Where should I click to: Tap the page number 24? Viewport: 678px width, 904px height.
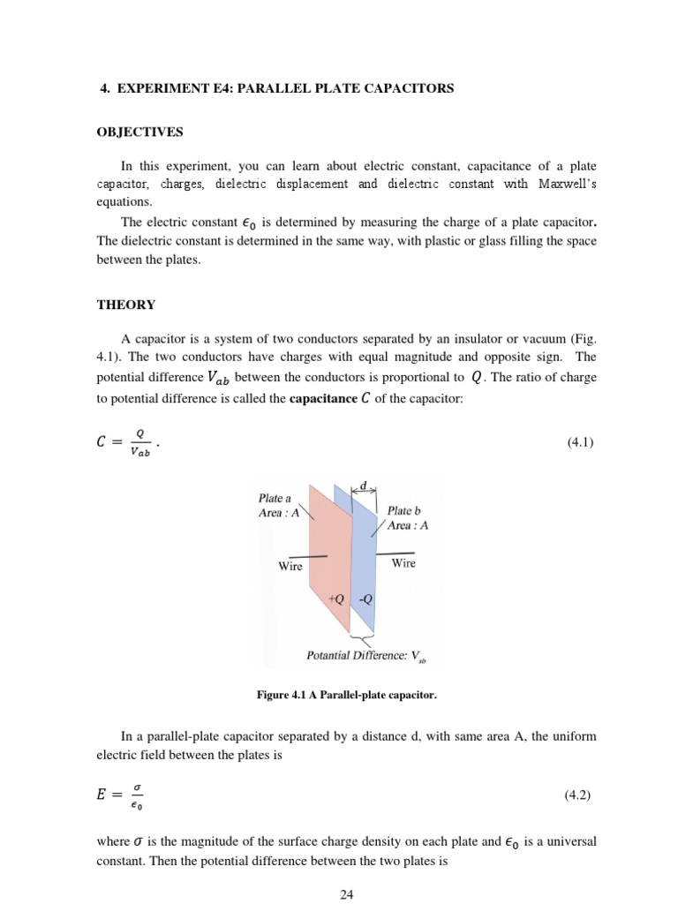[346, 894]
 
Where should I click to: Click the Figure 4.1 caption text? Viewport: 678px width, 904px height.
[346, 695]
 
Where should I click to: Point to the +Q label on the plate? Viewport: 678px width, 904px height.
[335, 598]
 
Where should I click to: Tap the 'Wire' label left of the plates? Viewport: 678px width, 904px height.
[290, 566]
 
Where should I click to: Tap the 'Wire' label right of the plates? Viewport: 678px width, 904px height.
[403, 562]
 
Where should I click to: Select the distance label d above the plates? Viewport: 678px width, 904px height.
[363, 485]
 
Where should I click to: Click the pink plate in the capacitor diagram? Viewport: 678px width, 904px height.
[327, 547]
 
